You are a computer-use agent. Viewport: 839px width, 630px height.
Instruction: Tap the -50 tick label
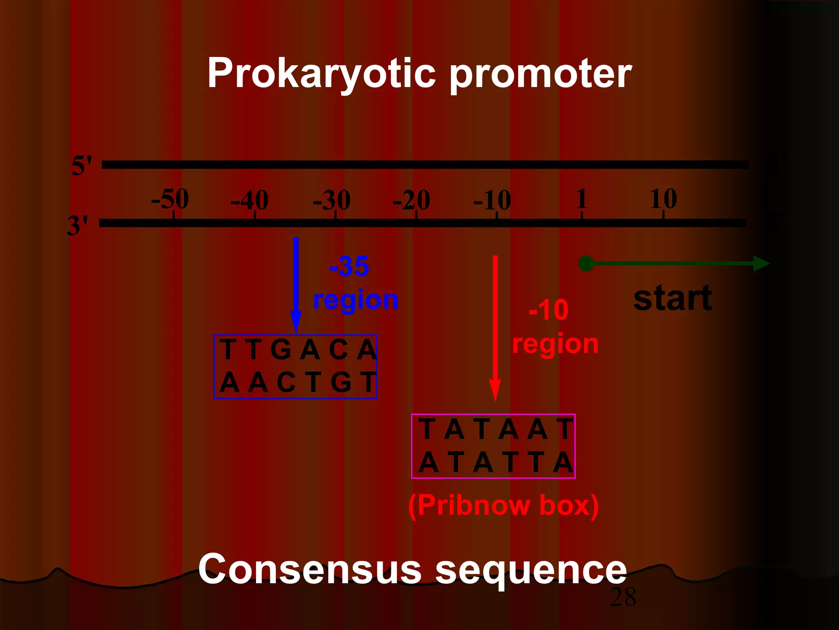point(170,199)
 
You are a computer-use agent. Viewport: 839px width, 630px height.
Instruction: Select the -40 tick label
point(249,201)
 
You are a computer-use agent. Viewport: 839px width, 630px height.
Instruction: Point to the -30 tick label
point(331,201)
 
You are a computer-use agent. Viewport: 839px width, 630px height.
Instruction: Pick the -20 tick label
point(411,201)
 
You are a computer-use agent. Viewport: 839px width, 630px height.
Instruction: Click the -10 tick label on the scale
point(492,201)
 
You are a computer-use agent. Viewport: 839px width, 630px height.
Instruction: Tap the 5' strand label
point(82,166)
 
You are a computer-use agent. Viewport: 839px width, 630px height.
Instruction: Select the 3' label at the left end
point(77,226)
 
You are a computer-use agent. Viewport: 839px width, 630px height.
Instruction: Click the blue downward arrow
point(296,283)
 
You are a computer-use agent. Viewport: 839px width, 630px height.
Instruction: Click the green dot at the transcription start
point(586,263)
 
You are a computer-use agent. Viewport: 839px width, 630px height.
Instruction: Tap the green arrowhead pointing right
point(761,263)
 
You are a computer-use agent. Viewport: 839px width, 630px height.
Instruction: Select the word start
point(672,298)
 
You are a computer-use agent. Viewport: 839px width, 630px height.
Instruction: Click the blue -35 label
point(349,267)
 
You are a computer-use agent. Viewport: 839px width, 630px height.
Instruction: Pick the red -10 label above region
point(549,310)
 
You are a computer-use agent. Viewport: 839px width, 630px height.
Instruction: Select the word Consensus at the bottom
point(310,569)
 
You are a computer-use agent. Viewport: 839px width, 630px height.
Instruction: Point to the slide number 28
point(623,597)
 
